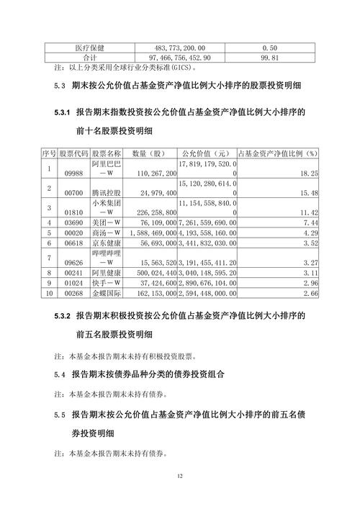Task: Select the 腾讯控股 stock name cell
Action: coord(107,194)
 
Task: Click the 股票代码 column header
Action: coord(74,154)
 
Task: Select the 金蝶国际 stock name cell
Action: coord(107,294)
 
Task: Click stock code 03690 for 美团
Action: coord(75,223)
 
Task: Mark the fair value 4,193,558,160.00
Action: coord(206,233)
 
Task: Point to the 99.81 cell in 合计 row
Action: coord(271,57)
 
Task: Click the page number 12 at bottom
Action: coord(180,477)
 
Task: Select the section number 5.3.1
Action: coord(61,113)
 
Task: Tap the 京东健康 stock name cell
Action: coord(107,243)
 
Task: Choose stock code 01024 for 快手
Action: coord(75,284)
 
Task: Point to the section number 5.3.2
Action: coord(61,315)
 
